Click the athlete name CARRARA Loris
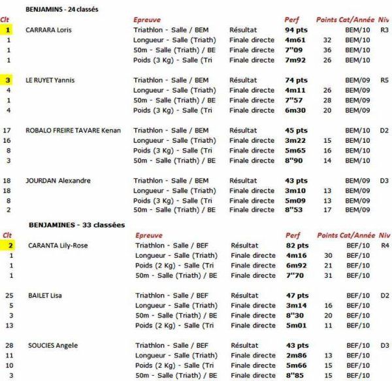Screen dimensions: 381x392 click(48, 30)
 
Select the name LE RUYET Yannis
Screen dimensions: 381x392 click(50, 80)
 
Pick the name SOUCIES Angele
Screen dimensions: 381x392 click(50, 346)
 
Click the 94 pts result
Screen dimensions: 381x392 click(297, 30)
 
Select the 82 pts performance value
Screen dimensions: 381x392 click(297, 245)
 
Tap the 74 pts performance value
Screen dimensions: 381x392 click(297, 80)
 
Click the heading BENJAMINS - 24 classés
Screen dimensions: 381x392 click(67, 10)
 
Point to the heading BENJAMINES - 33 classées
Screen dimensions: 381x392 click(76, 225)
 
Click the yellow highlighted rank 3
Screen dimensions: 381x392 click(8, 80)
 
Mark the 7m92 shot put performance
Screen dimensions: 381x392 click(295, 60)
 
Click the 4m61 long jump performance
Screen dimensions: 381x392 click(295, 40)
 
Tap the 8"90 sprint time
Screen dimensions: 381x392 click(295, 160)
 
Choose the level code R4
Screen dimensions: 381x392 click(384, 245)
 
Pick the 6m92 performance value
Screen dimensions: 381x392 click(295, 266)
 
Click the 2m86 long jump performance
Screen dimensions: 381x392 click(295, 356)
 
